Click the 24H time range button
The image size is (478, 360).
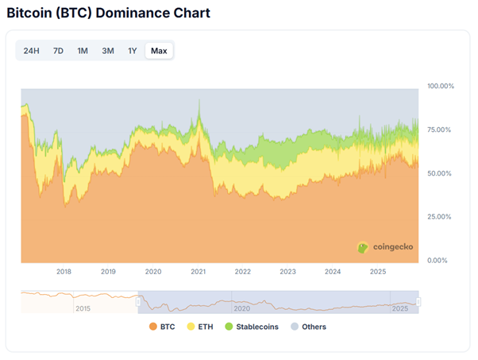[x=32, y=51]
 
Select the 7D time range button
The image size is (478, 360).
[x=58, y=51]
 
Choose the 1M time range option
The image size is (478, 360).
[x=83, y=51]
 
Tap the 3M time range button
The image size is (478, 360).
[x=107, y=51]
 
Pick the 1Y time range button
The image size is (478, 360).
[x=133, y=51]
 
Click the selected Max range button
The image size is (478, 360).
[x=159, y=51]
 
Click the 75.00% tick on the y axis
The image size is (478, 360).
[x=440, y=130]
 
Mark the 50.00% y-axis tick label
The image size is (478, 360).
[x=440, y=173]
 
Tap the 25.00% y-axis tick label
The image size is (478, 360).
[x=440, y=217]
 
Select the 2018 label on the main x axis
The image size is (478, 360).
[x=64, y=272]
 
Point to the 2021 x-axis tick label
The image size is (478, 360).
[x=199, y=272]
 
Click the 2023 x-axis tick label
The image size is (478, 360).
[x=288, y=272]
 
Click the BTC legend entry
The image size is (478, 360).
[x=163, y=327]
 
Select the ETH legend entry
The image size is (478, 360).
[x=199, y=327]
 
